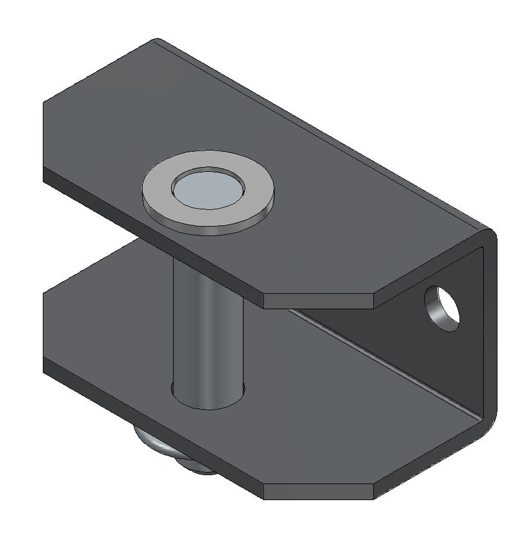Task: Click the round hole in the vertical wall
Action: [442, 308]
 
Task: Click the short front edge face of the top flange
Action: [318, 301]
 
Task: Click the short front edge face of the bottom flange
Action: [318, 491]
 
